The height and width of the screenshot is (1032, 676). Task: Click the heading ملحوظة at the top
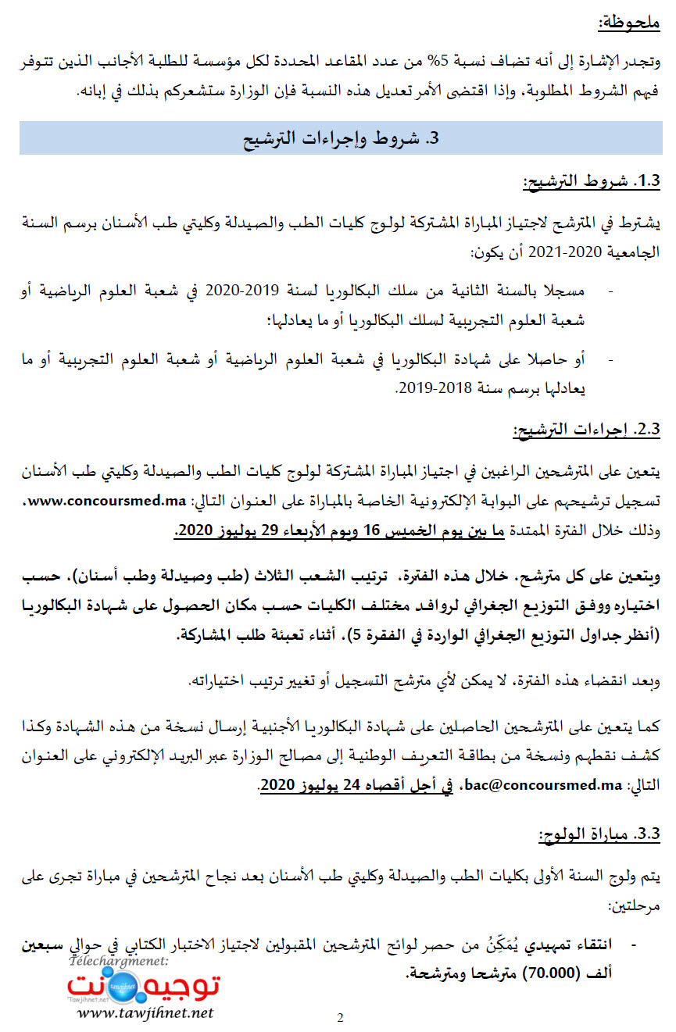[x=628, y=22]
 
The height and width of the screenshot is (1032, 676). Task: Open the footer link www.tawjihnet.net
[x=145, y=1013]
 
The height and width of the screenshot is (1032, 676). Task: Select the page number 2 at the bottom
[x=340, y=1017]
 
